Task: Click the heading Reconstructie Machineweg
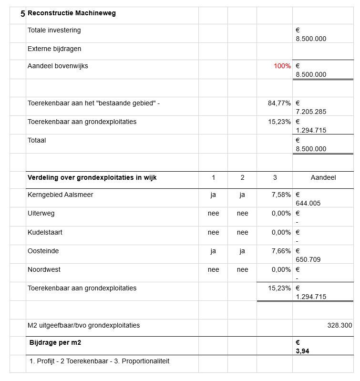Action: coord(72,13)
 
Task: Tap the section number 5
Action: coord(22,14)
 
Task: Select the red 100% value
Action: coord(282,66)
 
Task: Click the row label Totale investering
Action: coord(54,31)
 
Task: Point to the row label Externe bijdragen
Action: coord(54,49)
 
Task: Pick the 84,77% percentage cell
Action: coord(279,103)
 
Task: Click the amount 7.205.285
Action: coord(311,112)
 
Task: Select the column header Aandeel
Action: coord(323,178)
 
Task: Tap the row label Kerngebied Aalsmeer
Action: coord(60,195)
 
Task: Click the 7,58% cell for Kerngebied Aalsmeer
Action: coord(281,195)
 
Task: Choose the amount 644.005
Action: coord(308,204)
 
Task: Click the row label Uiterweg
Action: coord(41,214)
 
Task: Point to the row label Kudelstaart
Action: coord(45,233)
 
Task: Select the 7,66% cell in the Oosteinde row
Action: coord(281,251)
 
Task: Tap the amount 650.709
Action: coord(308,260)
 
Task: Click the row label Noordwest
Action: coord(43,270)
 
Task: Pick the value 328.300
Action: coord(339,326)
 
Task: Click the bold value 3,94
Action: coord(302,351)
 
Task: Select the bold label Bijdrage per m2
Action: coord(59,343)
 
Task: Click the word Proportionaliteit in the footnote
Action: coord(145,361)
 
